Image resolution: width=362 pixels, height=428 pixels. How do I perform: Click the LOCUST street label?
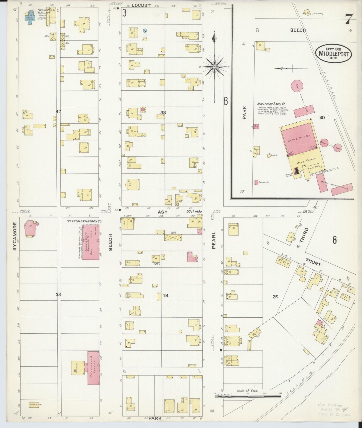141,5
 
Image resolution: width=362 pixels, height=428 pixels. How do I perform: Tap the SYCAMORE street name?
15,236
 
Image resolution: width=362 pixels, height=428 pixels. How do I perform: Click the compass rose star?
214,67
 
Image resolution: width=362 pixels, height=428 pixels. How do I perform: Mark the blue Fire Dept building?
30,18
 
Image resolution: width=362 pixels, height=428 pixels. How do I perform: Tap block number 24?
166,296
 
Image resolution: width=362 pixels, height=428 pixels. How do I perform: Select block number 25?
275,297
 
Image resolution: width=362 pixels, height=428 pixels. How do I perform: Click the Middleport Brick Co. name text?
272,104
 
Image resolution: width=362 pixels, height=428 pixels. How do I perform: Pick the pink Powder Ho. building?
256,182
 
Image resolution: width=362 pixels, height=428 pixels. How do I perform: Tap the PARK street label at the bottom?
155,418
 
